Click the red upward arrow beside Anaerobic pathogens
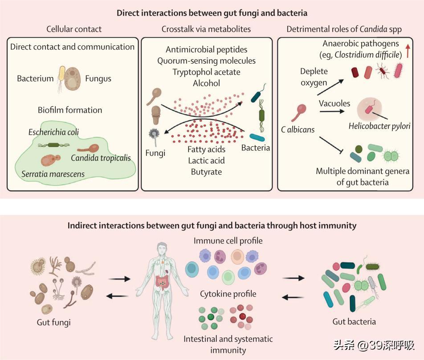click(408, 49)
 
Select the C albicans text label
click(298, 130)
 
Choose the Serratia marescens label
click(53, 174)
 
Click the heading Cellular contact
click(74, 29)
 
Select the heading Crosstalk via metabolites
click(206, 29)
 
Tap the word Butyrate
click(206, 171)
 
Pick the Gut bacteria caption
click(354, 321)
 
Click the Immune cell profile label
click(228, 241)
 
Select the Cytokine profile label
click(228, 294)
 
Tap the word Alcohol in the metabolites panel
click(206, 83)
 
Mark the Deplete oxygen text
click(314, 77)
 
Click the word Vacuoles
click(334, 103)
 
